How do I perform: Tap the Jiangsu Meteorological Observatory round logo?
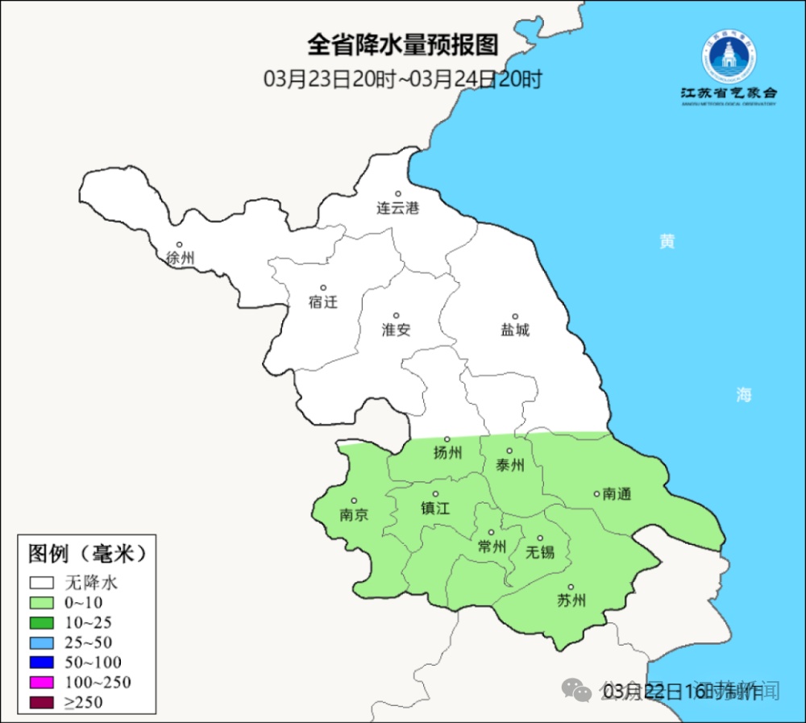[x=729, y=58]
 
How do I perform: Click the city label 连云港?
[x=398, y=208]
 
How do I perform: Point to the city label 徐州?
[x=180, y=259]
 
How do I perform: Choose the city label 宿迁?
[x=322, y=302]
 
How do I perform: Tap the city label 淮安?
[x=396, y=330]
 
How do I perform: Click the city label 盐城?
[x=515, y=330]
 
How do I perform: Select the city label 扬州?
[x=448, y=453]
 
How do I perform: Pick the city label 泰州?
[x=509, y=465]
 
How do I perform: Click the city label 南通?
[x=617, y=493]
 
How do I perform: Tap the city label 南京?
[x=354, y=514]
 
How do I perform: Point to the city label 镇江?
[x=435, y=508]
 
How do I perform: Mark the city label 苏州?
[x=571, y=600]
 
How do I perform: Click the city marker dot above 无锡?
[x=540, y=538]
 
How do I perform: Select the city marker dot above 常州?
[x=491, y=533]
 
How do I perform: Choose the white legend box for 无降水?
[x=42, y=582]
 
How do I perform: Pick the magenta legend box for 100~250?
[x=42, y=683]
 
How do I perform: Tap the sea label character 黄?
[x=667, y=242]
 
